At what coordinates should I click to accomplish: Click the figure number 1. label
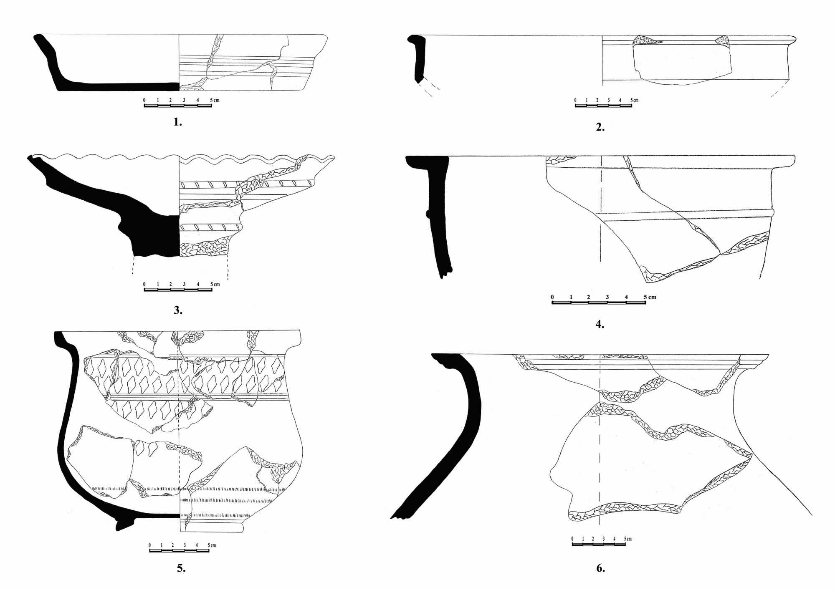click(178, 122)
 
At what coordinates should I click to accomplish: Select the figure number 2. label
click(600, 128)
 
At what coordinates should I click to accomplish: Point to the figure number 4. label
click(600, 324)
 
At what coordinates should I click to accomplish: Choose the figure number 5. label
click(181, 568)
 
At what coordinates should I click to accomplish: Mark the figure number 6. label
click(601, 568)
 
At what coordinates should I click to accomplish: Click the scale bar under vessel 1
click(178, 106)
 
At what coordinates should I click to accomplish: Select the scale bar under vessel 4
click(599, 303)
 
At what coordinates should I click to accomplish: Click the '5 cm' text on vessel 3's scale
click(215, 285)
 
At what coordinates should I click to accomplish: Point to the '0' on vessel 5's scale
click(150, 545)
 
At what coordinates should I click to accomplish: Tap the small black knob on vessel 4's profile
click(427, 214)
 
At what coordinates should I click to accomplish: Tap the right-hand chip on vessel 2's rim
click(722, 40)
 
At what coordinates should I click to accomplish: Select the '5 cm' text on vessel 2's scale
click(634, 100)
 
